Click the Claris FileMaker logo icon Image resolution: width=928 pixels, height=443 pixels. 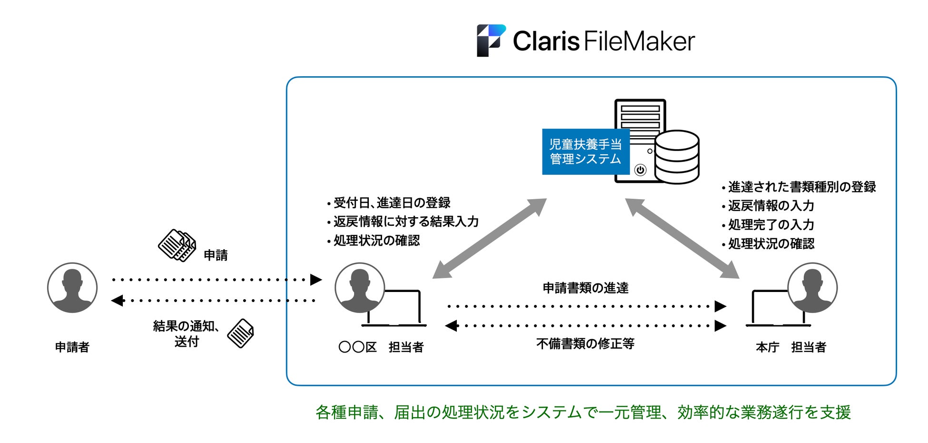click(491, 40)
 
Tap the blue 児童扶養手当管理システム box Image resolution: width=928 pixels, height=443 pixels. click(585, 151)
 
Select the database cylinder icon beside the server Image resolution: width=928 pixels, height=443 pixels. click(677, 157)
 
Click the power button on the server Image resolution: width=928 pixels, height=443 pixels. click(641, 170)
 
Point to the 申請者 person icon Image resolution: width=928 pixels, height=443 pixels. click(72, 288)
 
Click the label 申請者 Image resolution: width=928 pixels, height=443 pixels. click(72, 347)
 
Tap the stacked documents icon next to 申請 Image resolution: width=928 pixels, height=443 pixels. click(177, 245)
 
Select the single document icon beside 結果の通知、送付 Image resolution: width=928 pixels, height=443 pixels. click(240, 333)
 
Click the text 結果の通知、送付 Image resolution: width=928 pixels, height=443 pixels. click(186, 333)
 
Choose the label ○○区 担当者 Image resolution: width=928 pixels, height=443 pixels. click(381, 347)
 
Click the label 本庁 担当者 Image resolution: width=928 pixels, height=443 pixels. click(790, 347)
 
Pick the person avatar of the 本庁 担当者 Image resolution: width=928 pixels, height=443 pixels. click(812, 288)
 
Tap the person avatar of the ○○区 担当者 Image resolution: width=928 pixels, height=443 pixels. click(360, 288)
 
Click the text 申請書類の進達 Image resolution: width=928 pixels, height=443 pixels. click(585, 288)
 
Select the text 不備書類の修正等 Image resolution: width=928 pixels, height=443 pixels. click(585, 344)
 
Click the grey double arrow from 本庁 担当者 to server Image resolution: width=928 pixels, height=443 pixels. click(682, 238)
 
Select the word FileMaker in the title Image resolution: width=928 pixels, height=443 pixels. click(639, 41)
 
